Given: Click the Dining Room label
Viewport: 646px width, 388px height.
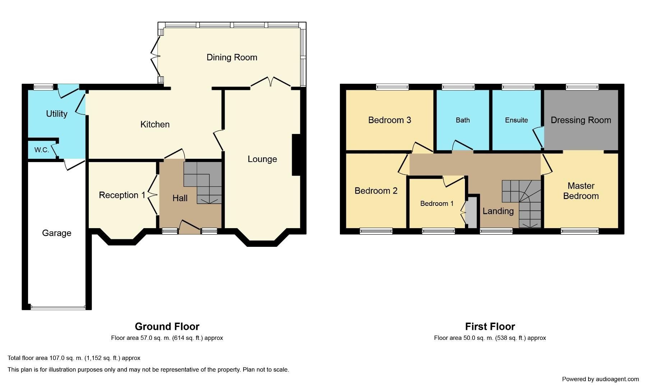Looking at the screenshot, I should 232,57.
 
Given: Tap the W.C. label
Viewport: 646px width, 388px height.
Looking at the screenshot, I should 42,150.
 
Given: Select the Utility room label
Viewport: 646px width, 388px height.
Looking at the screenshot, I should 57,114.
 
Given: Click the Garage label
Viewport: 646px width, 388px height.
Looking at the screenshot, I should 57,233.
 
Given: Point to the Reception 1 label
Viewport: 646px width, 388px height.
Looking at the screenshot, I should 122,195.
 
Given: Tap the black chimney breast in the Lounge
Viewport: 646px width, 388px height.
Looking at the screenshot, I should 296,155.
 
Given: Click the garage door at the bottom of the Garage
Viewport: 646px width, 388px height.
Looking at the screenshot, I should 58,308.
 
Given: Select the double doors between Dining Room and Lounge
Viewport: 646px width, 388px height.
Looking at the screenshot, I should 271,82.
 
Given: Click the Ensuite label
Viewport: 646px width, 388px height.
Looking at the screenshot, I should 516,120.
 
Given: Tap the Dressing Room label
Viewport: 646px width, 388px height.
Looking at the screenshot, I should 581,120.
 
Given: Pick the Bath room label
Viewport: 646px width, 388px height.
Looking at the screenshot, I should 462,120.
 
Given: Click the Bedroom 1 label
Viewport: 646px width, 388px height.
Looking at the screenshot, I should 437,204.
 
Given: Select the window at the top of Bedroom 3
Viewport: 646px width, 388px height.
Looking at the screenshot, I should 392,87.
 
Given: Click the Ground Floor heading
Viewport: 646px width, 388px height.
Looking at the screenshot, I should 167,327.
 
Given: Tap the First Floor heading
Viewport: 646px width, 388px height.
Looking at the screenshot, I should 490,327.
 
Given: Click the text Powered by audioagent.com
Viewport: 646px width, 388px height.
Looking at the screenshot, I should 600,379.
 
